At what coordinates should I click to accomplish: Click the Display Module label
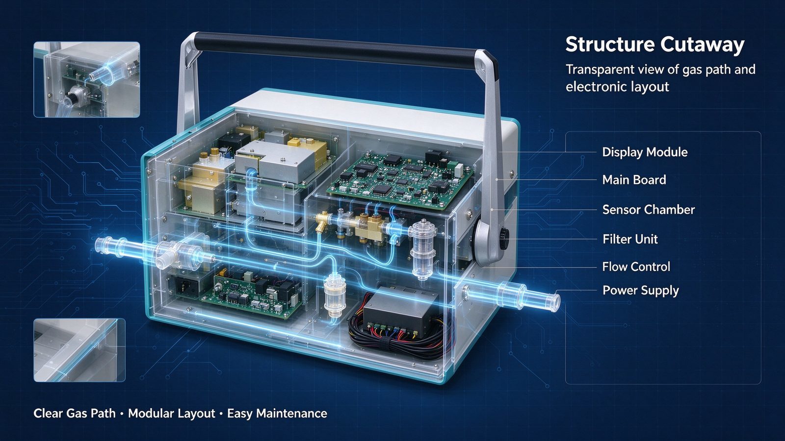click(x=645, y=152)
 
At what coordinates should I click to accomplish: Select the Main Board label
click(x=634, y=180)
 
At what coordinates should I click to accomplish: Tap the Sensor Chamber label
click(x=648, y=210)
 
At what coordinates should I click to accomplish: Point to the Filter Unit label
click(x=630, y=240)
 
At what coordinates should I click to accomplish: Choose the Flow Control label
click(x=636, y=267)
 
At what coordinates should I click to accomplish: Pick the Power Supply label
click(x=641, y=291)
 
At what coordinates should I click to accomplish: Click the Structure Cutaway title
click(x=654, y=45)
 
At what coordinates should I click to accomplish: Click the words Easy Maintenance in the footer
click(x=277, y=414)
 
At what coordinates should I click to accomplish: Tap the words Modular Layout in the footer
click(x=171, y=414)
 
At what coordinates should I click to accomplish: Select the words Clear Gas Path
click(x=74, y=414)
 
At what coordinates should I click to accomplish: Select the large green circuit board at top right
click(x=399, y=179)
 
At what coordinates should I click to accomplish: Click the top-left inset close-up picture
click(x=86, y=79)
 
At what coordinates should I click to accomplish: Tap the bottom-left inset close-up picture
click(x=79, y=350)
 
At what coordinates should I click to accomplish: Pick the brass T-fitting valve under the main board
click(x=323, y=221)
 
